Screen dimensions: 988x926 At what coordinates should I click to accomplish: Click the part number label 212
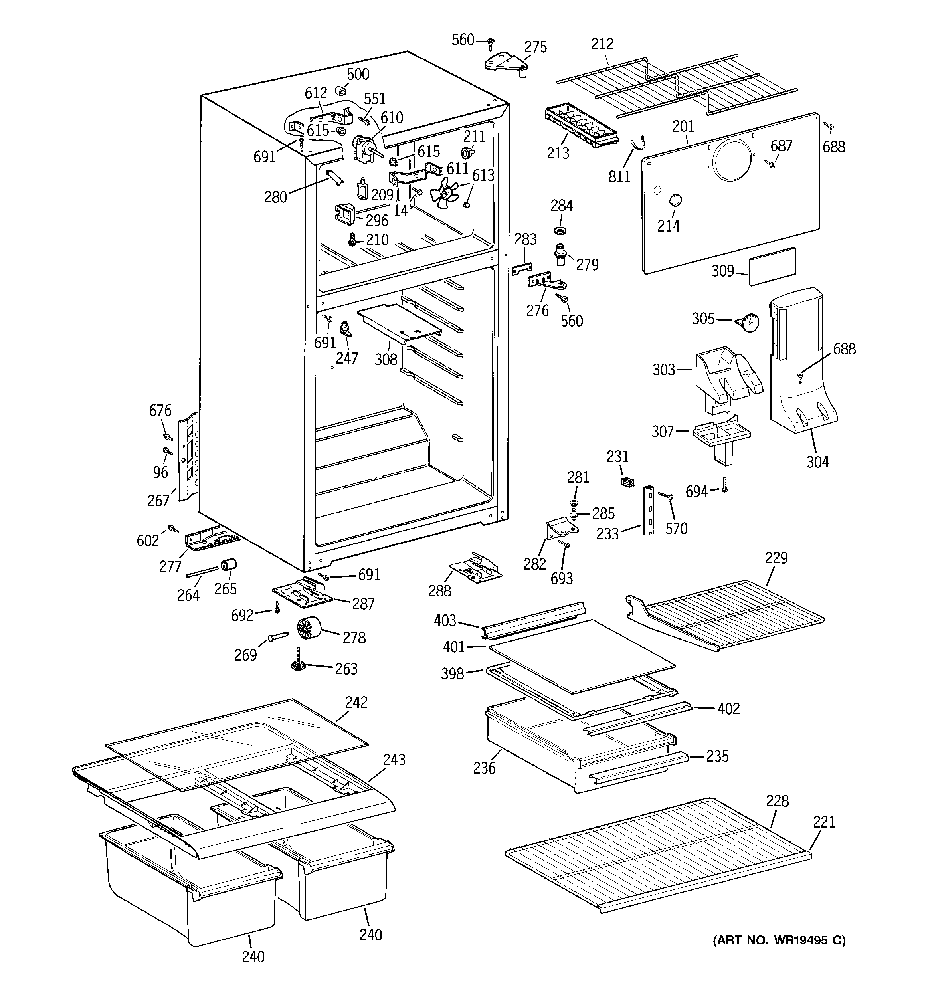(602, 44)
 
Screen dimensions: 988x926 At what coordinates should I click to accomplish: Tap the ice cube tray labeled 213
(581, 127)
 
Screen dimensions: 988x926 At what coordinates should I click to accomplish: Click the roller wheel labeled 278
(308, 629)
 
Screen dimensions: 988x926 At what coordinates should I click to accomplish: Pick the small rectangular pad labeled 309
(772, 266)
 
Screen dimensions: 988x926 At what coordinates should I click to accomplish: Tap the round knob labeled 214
(674, 200)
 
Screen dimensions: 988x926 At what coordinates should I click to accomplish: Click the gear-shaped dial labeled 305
(748, 323)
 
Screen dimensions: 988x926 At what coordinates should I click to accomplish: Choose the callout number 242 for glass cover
(356, 702)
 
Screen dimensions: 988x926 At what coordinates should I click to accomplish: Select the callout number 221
(823, 822)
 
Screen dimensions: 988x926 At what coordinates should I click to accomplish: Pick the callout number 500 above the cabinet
(358, 74)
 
